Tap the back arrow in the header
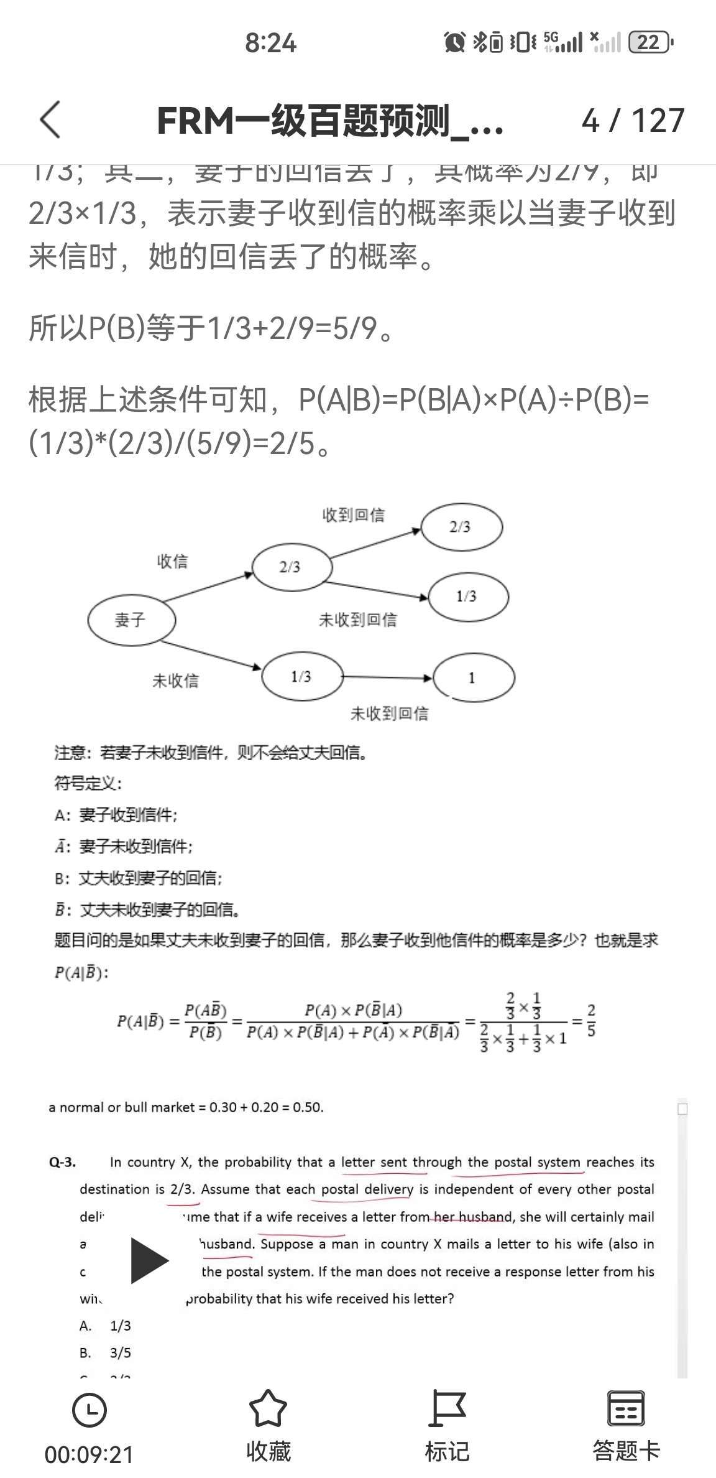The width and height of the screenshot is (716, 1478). [50, 119]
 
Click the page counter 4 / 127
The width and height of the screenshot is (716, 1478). [633, 120]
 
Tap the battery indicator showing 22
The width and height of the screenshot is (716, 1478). [650, 42]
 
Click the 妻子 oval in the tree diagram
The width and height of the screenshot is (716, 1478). [131, 620]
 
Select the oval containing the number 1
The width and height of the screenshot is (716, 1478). [473, 677]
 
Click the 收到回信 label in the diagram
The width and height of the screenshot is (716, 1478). [353, 515]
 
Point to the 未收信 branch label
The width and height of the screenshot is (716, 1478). [175, 681]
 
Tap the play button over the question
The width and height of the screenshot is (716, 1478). [149, 1260]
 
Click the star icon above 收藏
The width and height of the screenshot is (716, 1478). [268, 1408]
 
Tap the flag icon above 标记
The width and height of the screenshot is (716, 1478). [447, 1408]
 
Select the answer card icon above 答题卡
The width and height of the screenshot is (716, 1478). [625, 1408]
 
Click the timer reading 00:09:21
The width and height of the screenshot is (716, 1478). [89, 1454]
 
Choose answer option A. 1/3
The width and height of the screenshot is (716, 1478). [106, 1326]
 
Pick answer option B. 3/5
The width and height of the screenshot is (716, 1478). [106, 1353]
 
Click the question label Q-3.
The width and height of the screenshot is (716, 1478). [62, 1162]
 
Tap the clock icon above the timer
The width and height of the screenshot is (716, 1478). [89, 1410]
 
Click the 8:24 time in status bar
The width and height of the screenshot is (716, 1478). [270, 43]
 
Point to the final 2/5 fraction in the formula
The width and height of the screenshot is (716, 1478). [590, 1021]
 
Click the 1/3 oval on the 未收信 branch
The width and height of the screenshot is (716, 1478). [302, 676]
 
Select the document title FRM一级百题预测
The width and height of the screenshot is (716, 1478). [329, 121]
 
